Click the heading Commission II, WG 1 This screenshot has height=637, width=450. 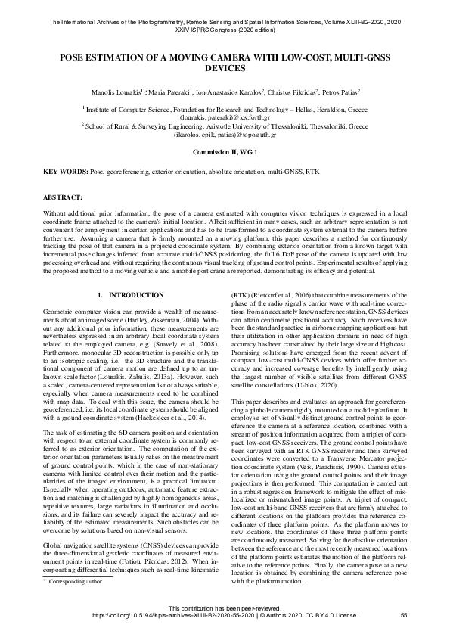pyautogui.click(x=225, y=152)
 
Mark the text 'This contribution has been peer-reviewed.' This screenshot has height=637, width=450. pyautogui.click(x=225, y=609)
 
